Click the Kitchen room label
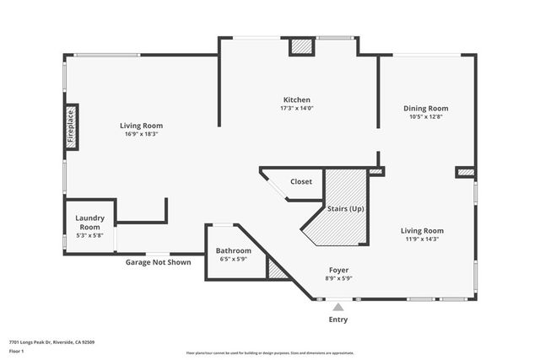point(296,99)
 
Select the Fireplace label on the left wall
point(71,126)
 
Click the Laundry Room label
point(89,223)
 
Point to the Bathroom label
point(233,250)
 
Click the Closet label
point(301,181)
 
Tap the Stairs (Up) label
point(345,208)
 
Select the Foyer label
point(339,270)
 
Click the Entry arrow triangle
point(338,307)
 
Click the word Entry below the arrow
point(337,320)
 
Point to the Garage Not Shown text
point(158,262)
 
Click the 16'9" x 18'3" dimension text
point(141,134)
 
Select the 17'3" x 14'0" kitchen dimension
point(296,109)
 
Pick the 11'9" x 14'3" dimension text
point(422,239)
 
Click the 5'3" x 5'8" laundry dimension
point(89,236)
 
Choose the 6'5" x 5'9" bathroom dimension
point(233,260)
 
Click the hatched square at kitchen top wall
point(301,47)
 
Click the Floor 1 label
point(16,351)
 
